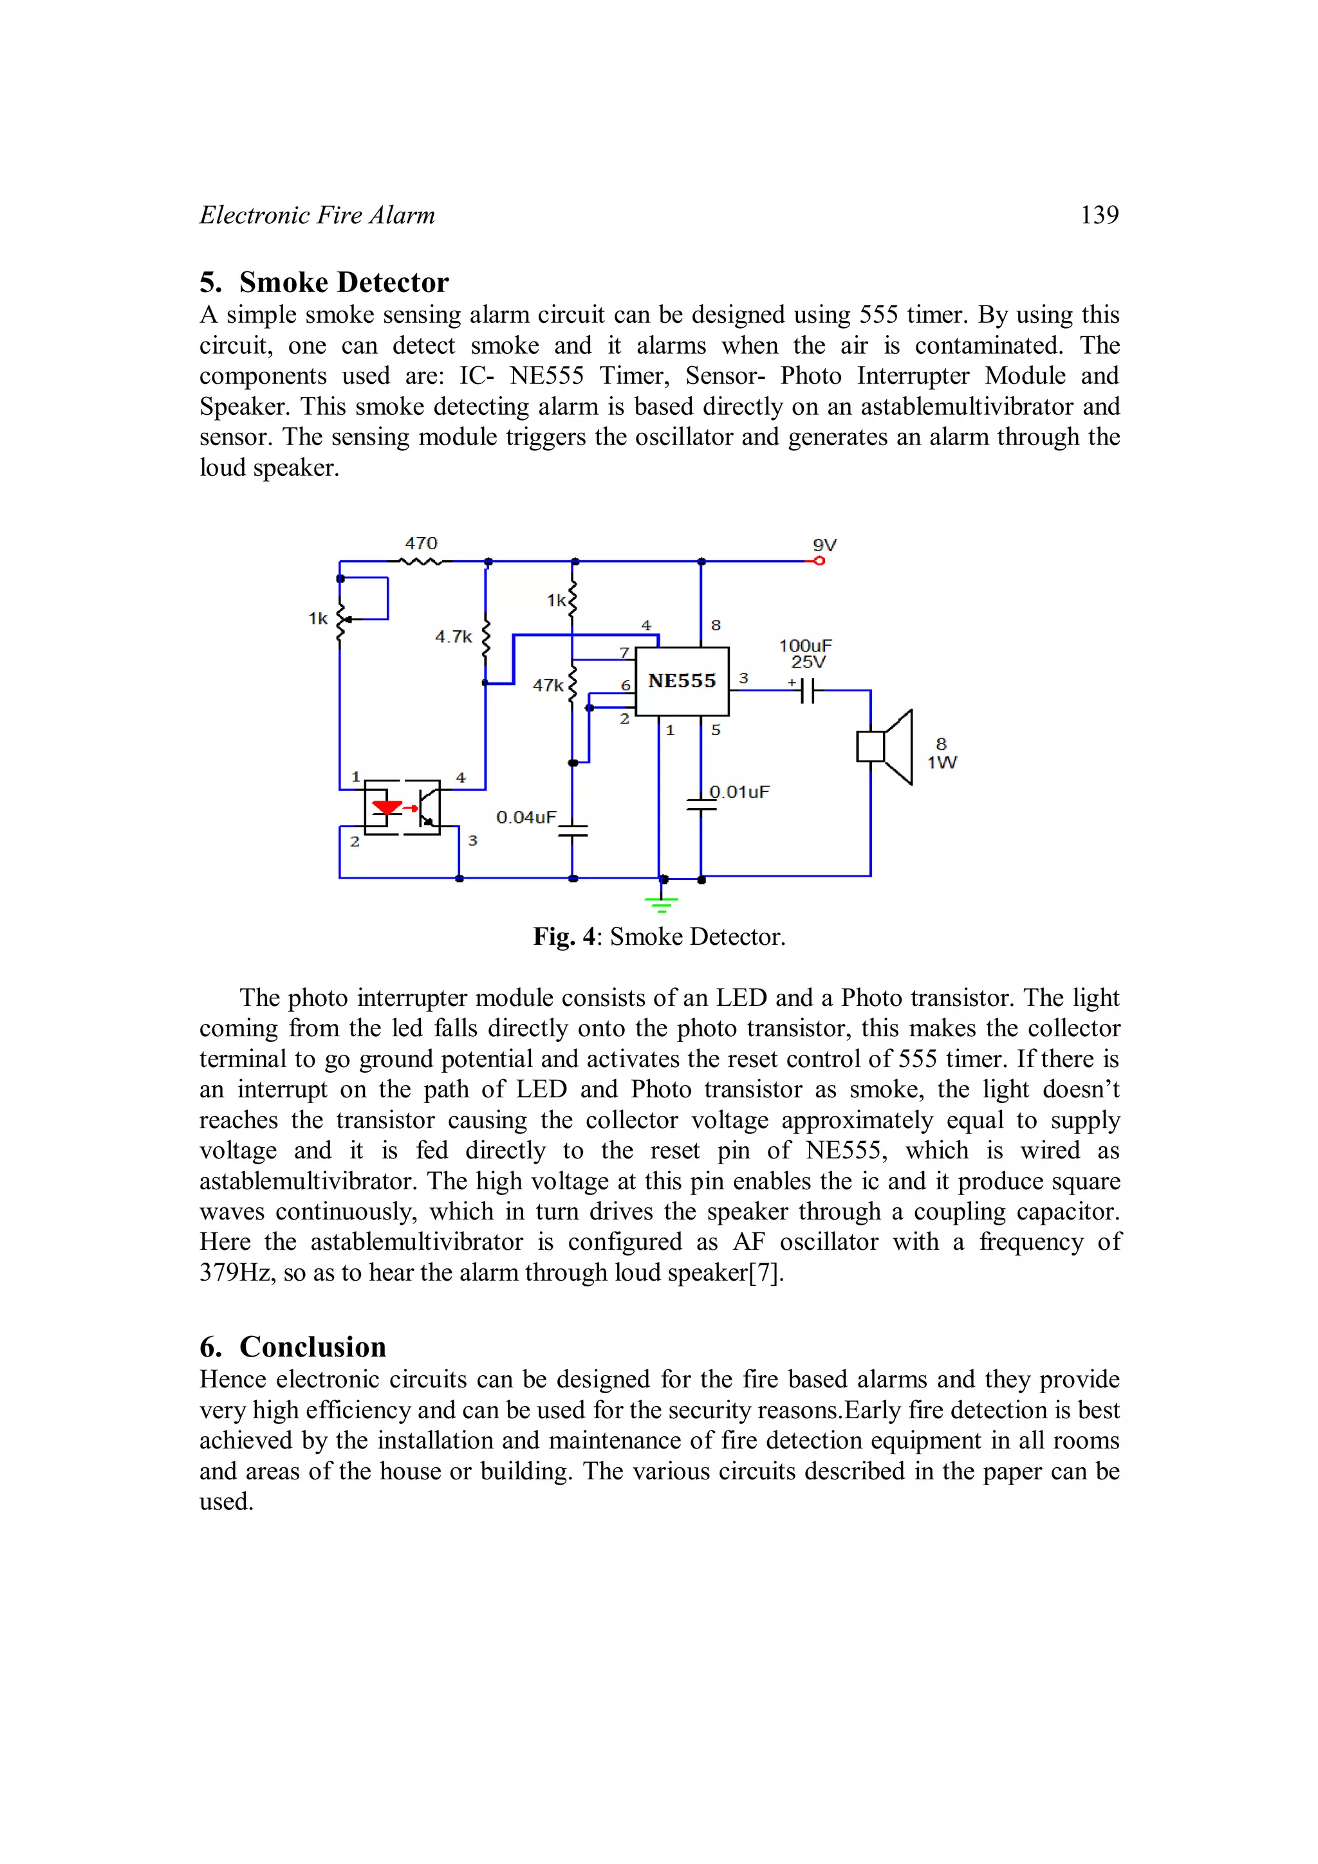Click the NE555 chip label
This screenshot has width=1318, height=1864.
[x=682, y=681]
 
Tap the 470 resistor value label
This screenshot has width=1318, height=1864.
[x=421, y=543]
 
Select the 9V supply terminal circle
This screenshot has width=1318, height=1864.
[x=819, y=561]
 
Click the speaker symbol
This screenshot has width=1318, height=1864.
[x=886, y=747]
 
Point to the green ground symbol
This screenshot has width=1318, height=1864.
[x=661, y=903]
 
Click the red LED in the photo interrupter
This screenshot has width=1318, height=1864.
[x=387, y=808]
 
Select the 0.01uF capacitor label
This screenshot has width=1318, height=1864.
[x=739, y=792]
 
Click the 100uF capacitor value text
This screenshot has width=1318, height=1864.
[x=805, y=645]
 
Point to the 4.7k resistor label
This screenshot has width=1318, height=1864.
[x=453, y=637]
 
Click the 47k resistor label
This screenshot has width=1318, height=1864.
[x=547, y=685]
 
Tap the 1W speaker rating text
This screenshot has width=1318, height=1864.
[x=942, y=762]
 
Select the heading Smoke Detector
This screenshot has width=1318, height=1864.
[x=344, y=282]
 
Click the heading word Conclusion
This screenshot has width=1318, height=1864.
[x=313, y=1347]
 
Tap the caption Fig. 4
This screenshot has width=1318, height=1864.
[x=565, y=937]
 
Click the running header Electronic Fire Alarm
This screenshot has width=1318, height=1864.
[x=317, y=215]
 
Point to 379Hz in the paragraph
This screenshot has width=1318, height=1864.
[x=236, y=1272]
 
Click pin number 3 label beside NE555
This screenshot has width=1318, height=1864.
[x=743, y=678]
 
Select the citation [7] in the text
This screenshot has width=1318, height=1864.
[x=766, y=1272]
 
